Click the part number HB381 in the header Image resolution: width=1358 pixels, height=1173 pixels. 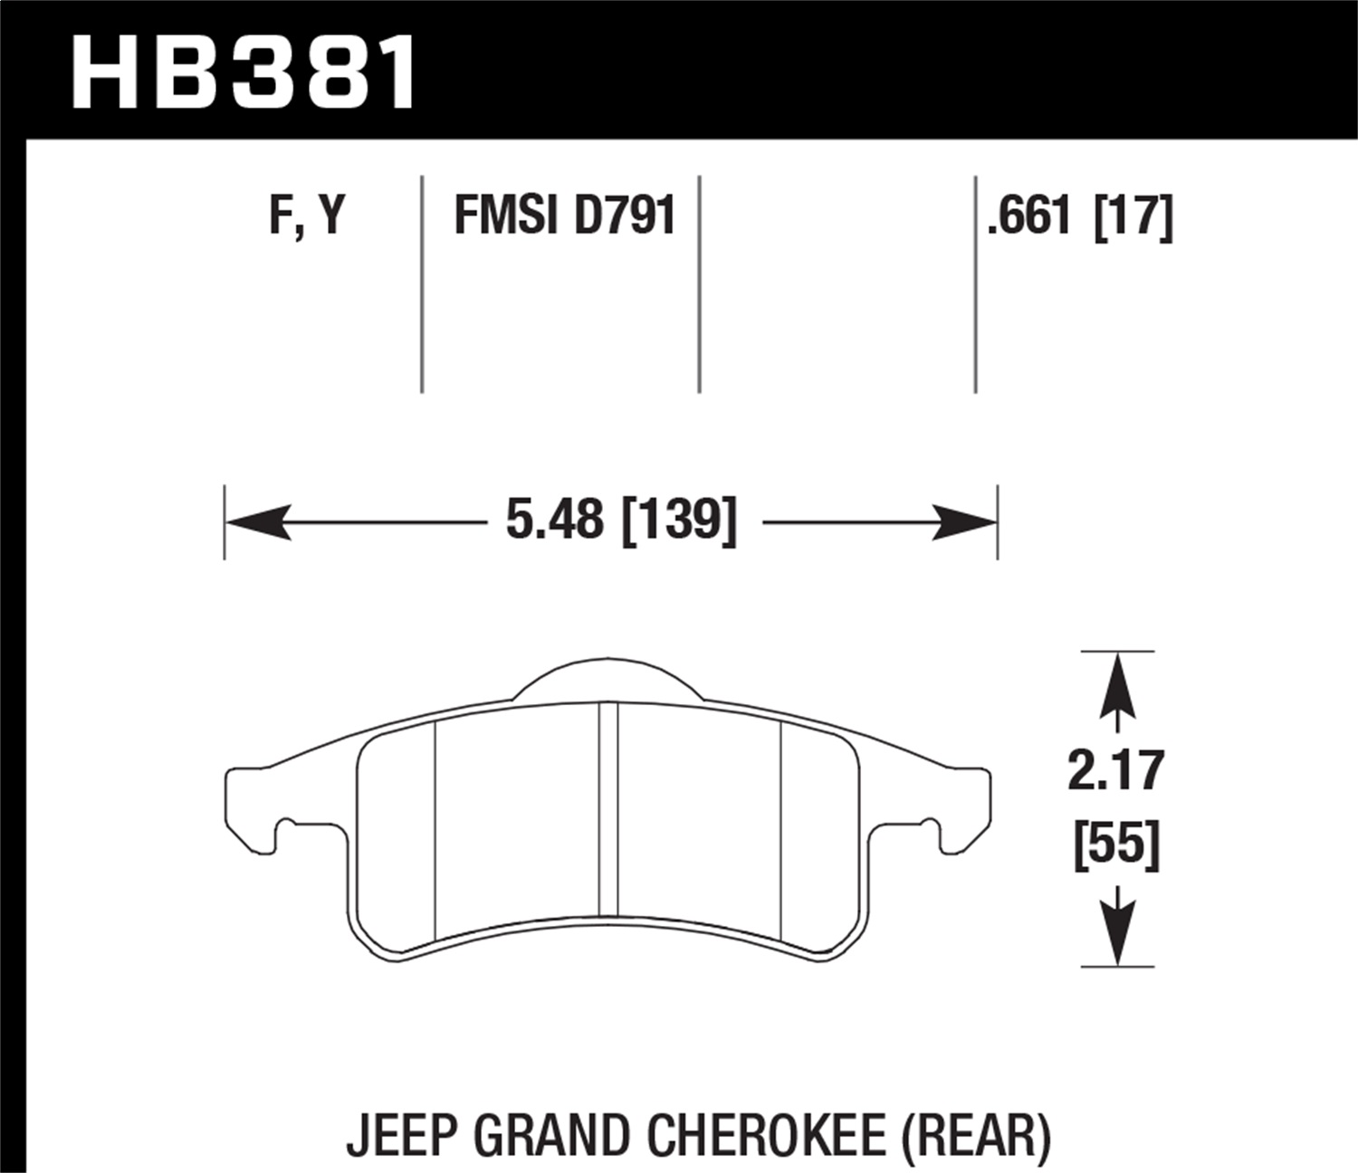244,72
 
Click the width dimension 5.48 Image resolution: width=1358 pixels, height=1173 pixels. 554,521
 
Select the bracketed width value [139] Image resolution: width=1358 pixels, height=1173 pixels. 679,521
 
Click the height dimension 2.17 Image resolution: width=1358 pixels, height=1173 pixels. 1115,771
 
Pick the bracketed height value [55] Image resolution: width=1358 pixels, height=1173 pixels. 1116,846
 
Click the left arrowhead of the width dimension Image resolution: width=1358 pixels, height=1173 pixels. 257,522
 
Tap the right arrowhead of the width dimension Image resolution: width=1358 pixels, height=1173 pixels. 965,522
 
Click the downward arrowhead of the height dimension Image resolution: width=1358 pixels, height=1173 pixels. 1117,932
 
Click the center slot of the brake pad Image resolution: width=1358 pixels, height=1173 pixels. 608,810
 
